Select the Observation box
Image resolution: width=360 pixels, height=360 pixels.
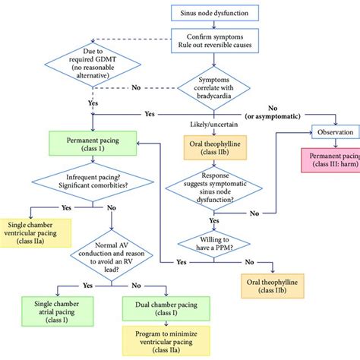coord(335,131)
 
